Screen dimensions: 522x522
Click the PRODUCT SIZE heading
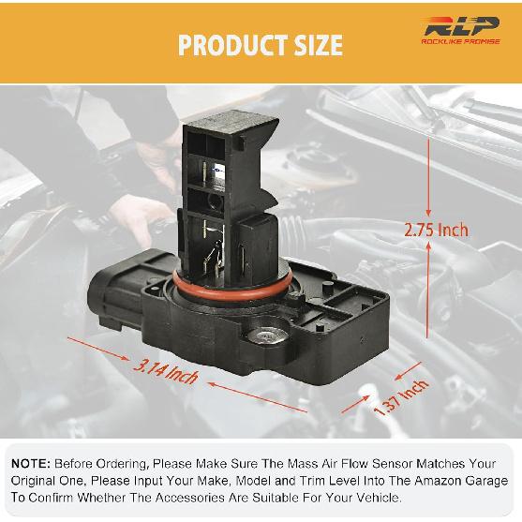261,44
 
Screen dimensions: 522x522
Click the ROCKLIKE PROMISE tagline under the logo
460,52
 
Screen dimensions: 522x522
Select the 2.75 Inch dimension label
436,229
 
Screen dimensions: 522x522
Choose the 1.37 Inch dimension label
400,397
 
